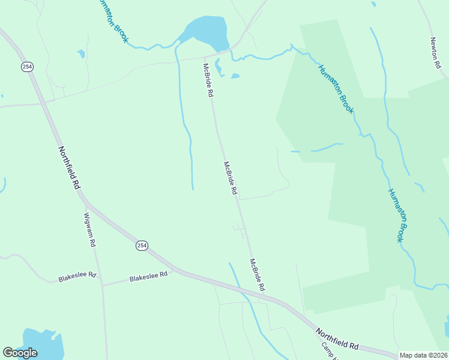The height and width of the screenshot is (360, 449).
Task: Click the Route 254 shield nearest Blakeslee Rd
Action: pyautogui.click(x=141, y=245)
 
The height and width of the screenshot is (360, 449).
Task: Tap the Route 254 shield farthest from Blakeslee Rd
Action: pyautogui.click(x=27, y=67)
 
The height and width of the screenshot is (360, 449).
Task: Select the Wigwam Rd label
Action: pyautogui.click(x=90, y=230)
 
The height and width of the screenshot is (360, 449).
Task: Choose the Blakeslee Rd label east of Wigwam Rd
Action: pyautogui.click(x=146, y=277)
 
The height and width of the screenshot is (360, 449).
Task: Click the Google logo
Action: pyautogui.click(x=20, y=353)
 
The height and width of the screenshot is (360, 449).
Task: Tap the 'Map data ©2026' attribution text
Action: pyautogui.click(x=424, y=355)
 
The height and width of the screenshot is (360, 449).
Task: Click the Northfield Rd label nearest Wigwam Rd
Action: pyautogui.click(x=69, y=167)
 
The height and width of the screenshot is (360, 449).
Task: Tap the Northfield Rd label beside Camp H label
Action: pyautogui.click(x=337, y=339)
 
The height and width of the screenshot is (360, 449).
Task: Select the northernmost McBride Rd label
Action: pyautogui.click(x=208, y=80)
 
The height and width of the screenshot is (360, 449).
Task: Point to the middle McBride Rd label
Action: pyautogui.click(x=231, y=178)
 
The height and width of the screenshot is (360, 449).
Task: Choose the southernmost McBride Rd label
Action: pyautogui.click(x=257, y=275)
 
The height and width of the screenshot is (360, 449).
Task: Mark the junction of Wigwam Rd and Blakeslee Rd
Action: pyautogui.click(x=102, y=285)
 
